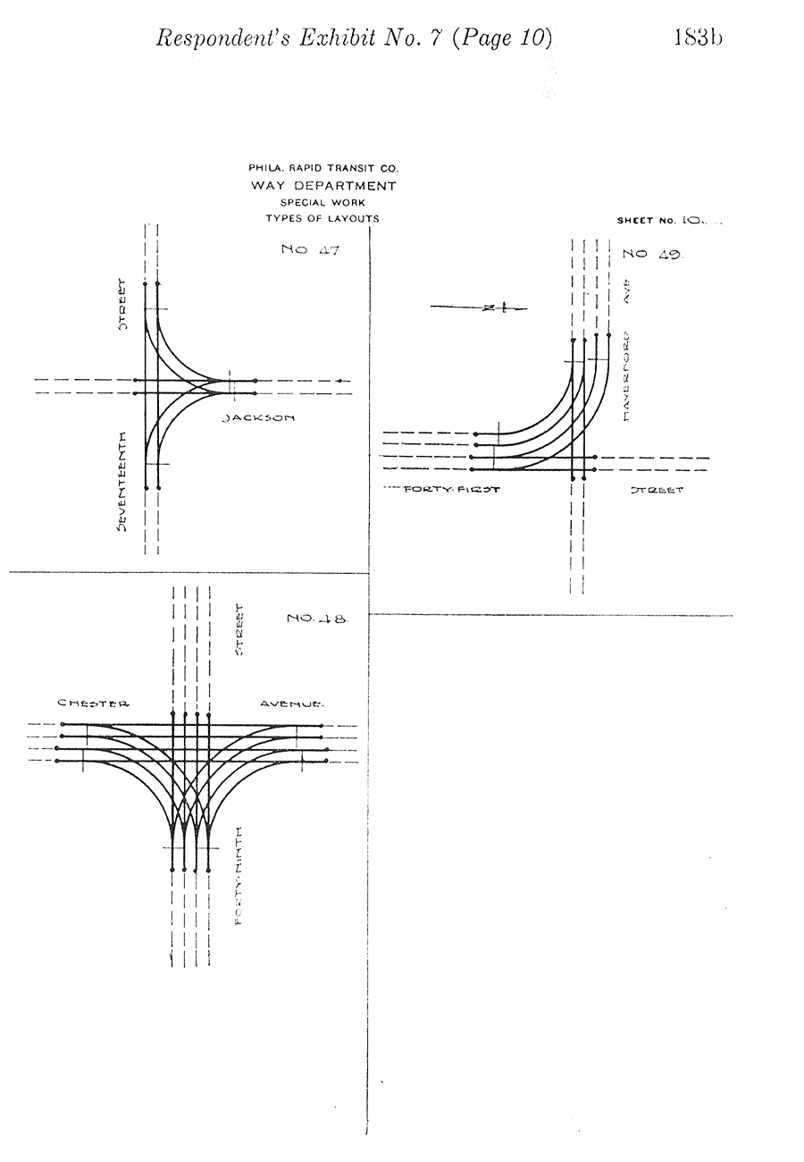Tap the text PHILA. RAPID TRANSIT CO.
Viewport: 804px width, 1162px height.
pos(323,168)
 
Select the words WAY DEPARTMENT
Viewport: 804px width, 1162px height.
pos(323,186)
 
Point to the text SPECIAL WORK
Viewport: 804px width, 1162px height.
pos(322,202)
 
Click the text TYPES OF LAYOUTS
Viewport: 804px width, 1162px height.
pos(322,218)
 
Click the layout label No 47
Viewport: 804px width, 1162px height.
pos(310,250)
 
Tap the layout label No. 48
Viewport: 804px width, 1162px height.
pos(315,618)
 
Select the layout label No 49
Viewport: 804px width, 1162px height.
pos(652,254)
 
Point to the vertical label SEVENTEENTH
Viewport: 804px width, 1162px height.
pos(121,482)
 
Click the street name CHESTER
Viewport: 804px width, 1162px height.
pos(93,703)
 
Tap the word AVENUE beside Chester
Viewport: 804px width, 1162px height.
pos(292,703)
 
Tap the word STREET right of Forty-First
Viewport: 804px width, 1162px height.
pos(657,490)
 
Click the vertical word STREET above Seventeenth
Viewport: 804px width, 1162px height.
pos(123,306)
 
